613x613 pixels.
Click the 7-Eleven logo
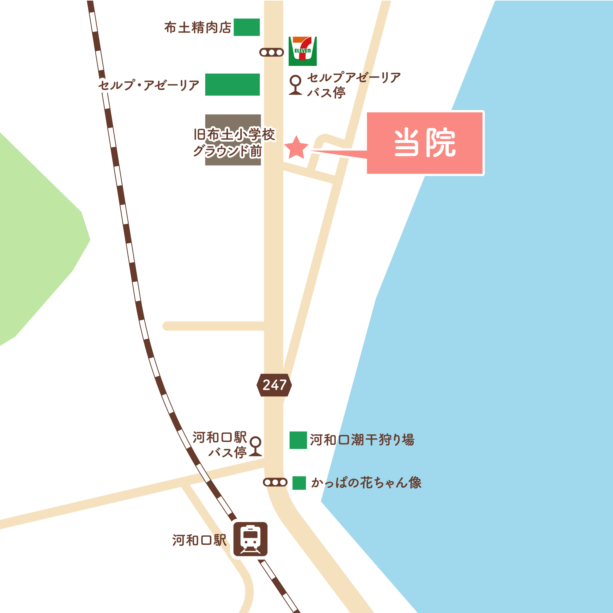click(303, 51)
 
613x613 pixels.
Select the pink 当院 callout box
click(425, 143)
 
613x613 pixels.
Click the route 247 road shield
click(274, 385)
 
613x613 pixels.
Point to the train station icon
click(250, 539)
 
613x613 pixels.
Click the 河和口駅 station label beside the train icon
click(199, 540)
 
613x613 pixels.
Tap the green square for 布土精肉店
click(246, 27)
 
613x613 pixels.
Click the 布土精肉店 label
click(198, 28)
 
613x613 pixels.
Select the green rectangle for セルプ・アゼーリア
click(232, 84)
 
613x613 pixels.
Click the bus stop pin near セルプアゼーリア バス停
click(295, 85)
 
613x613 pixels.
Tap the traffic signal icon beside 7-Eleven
click(271, 52)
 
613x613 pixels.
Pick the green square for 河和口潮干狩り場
click(298, 440)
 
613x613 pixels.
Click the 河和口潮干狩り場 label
click(362, 440)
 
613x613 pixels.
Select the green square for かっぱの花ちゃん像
click(299, 483)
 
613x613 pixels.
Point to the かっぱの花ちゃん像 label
click(367, 483)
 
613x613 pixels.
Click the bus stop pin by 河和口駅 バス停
click(255, 446)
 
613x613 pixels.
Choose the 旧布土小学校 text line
click(234, 135)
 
